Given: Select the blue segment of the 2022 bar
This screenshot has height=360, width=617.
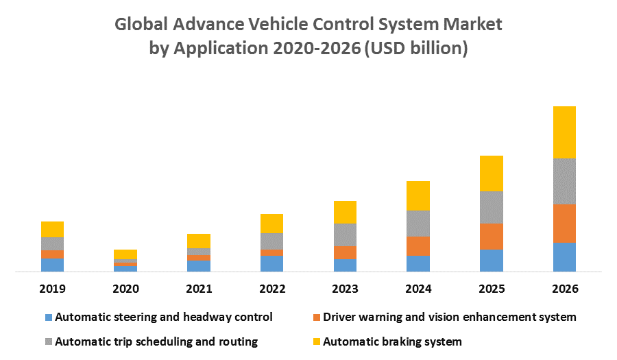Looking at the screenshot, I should click(x=272, y=263).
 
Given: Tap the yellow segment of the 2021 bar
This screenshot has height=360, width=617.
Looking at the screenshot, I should click(x=199, y=241).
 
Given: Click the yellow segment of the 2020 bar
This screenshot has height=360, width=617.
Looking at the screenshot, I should click(x=125, y=254).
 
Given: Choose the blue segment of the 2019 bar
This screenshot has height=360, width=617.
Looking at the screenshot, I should click(x=52, y=265).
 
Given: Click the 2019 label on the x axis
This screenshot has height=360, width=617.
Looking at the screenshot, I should click(x=52, y=289).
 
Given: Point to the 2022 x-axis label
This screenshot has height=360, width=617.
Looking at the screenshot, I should click(x=272, y=289).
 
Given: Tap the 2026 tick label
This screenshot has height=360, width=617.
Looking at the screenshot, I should click(x=564, y=289).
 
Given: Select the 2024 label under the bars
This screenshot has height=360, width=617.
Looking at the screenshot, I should click(x=418, y=289).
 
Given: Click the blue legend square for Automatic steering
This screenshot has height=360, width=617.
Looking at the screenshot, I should click(x=48, y=317).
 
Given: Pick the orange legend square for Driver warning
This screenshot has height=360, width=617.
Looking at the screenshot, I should click(x=315, y=317).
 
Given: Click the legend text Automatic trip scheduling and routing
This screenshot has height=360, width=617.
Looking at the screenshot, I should click(x=156, y=341).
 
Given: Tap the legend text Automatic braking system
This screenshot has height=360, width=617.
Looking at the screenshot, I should click(x=392, y=341).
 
